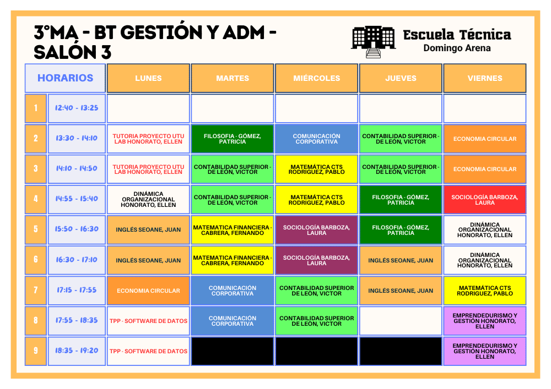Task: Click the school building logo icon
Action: pos(373,41)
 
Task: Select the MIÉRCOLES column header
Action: pos(317,78)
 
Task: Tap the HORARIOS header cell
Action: pos(65,78)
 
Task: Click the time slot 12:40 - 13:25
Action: pos(77,108)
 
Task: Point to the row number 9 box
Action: pos(36,351)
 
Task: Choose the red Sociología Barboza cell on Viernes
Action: pos(485,200)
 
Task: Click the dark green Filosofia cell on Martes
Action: pos(233,139)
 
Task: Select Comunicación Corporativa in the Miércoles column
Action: pos(317,139)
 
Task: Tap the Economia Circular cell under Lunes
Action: pos(149,291)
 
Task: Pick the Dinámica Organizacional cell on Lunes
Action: pos(149,200)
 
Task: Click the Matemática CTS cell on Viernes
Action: pos(485,291)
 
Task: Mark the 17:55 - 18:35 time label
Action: pos(77,321)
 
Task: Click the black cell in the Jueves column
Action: pos(401,351)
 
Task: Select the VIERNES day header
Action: pos(485,78)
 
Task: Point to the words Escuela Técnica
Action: pos(457,35)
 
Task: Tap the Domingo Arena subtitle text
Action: pos(457,48)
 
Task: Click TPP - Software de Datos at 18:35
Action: pos(149,351)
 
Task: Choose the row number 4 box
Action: pos(36,199)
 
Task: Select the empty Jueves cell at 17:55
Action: pos(401,321)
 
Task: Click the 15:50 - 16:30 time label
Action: pos(77,229)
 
